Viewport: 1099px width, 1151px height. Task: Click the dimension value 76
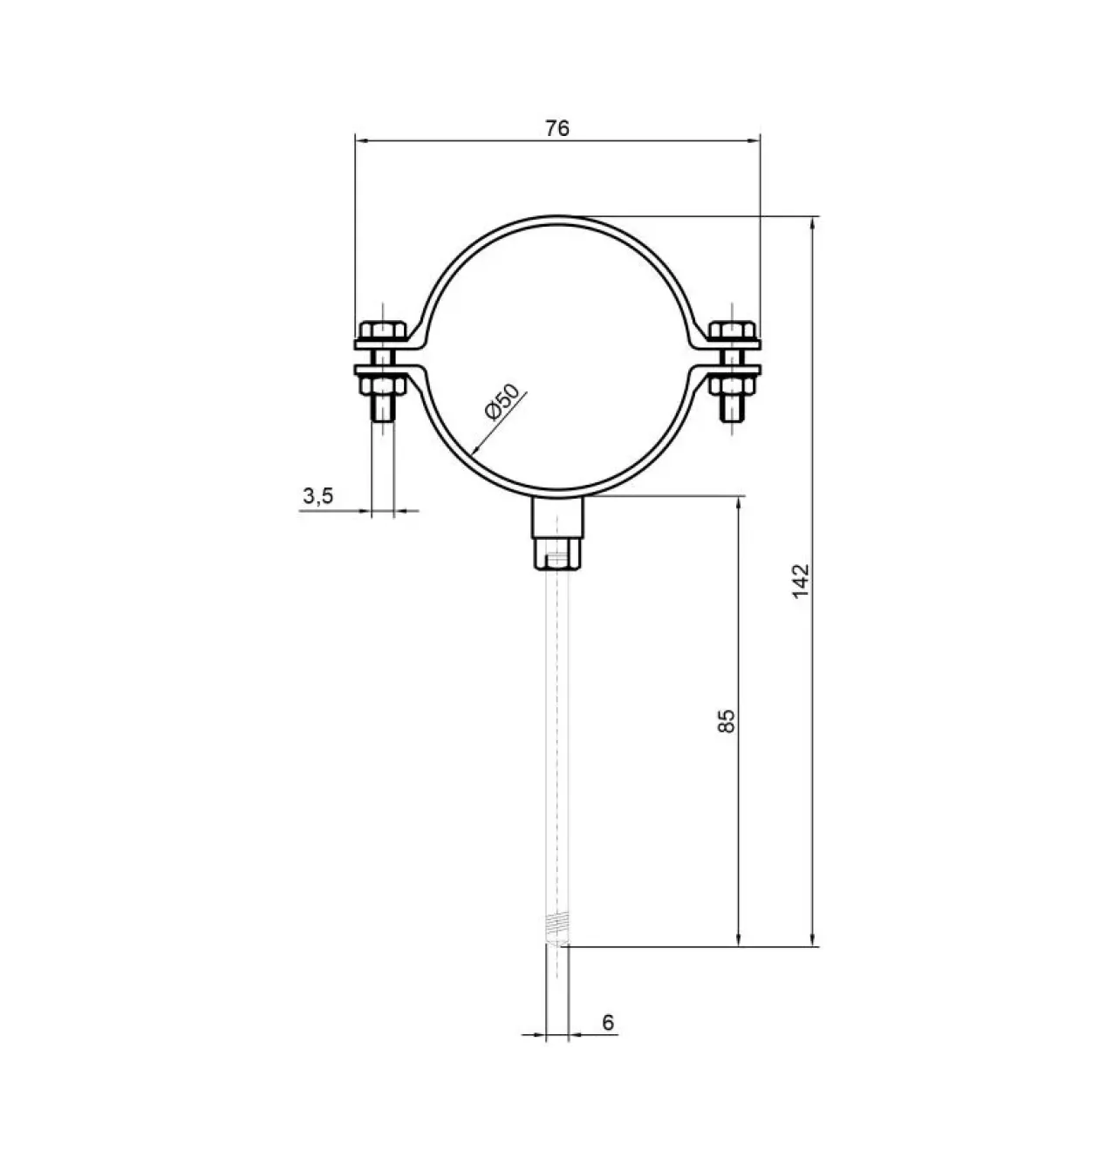pos(557,128)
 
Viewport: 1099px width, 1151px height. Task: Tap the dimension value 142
pos(800,581)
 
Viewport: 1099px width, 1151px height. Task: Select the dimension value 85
pos(726,721)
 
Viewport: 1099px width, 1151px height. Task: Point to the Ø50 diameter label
pos(502,402)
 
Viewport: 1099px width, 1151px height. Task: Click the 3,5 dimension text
pos(318,496)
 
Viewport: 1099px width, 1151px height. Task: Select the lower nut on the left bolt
pos(383,385)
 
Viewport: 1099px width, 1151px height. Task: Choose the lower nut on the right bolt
pos(733,385)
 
